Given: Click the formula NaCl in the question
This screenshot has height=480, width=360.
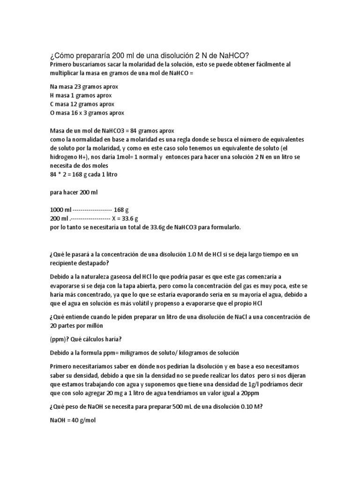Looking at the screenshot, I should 215,317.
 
